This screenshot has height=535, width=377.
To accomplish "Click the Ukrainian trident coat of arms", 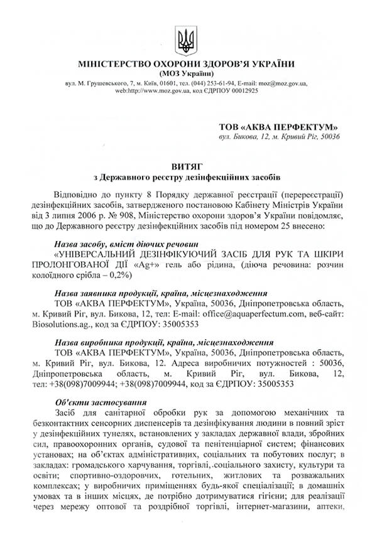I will [x=186, y=39].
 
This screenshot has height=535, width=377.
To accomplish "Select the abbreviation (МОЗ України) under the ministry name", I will [x=186, y=73].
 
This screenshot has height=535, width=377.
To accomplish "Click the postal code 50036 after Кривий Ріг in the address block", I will [x=326, y=136].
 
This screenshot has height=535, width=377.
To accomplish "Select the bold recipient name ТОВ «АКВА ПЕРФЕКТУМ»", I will [x=278, y=126].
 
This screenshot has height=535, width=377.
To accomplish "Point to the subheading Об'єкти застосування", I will [x=101, y=403].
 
